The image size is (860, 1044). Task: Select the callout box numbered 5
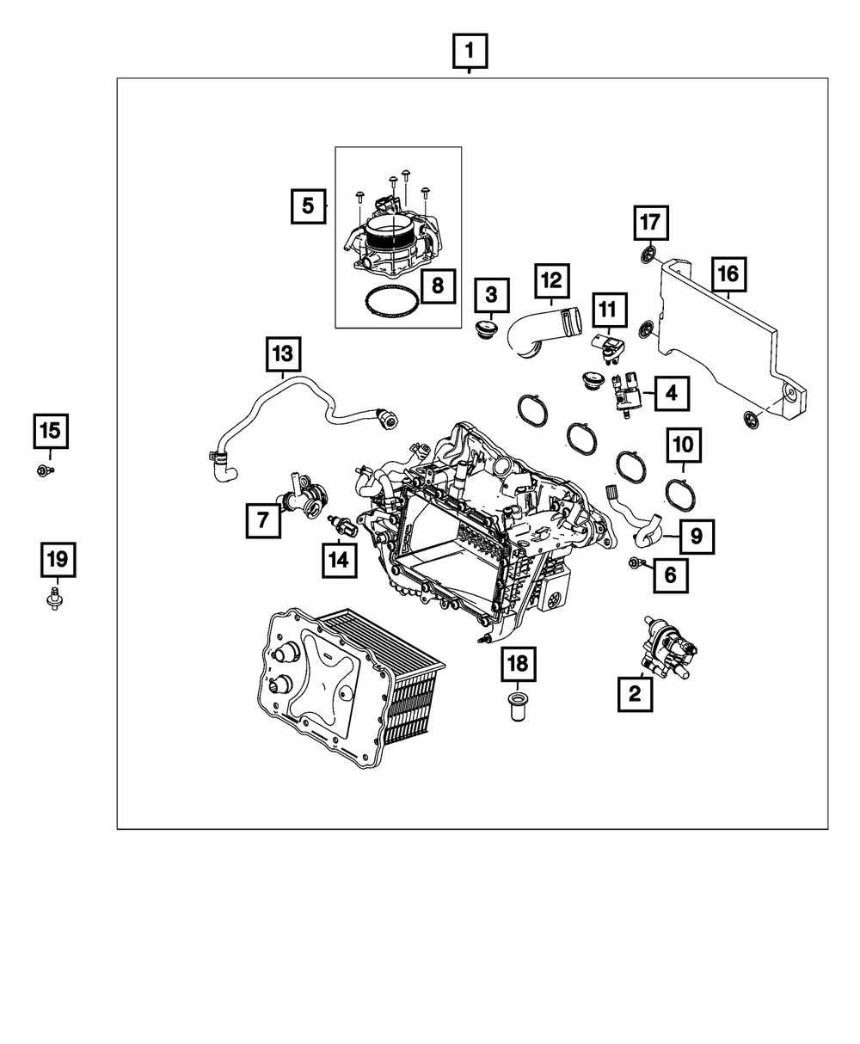click(x=307, y=206)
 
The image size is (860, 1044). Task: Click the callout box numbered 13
click(x=283, y=353)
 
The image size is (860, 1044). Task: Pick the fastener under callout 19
click(x=55, y=599)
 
